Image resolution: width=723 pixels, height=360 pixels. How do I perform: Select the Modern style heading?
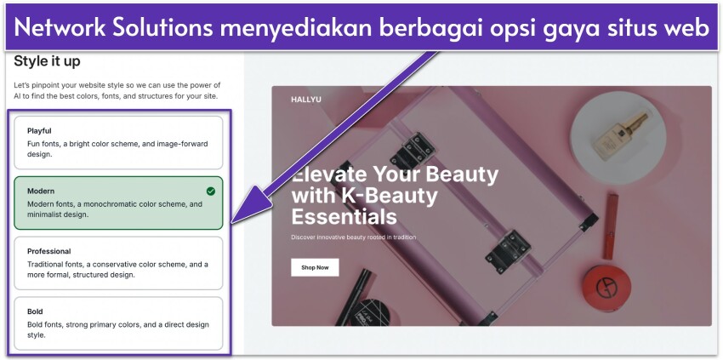41,191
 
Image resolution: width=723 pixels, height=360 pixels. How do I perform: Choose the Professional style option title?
48,251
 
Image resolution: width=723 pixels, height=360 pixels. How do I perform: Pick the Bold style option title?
35,311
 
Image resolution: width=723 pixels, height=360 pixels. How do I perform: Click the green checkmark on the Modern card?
211,191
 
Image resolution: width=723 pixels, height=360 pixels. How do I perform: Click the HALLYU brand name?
307,100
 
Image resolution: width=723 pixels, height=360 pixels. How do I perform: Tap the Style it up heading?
48,61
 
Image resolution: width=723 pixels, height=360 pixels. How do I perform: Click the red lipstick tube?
610,226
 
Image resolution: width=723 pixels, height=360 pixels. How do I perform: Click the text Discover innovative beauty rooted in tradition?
354,237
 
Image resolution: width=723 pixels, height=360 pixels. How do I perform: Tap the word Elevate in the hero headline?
327,174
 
